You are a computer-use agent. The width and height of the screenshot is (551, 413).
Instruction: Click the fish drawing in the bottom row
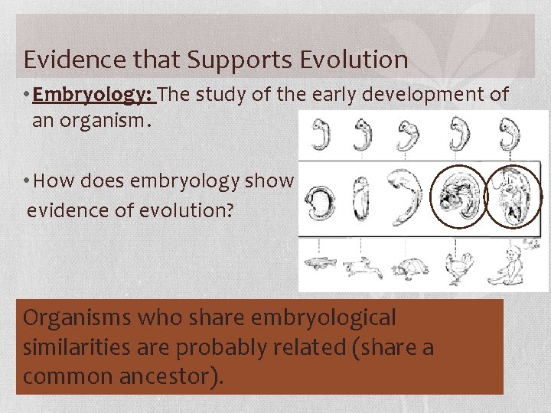[x=319, y=263]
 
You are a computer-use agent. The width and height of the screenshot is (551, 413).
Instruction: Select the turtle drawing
[x=407, y=265]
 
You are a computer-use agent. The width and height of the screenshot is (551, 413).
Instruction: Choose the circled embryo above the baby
[x=512, y=196]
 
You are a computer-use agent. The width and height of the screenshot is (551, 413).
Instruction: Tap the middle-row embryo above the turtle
[x=406, y=197]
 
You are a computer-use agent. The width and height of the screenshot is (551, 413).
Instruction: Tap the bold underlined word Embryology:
[x=93, y=95]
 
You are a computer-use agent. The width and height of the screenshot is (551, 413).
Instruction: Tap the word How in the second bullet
[x=51, y=180]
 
